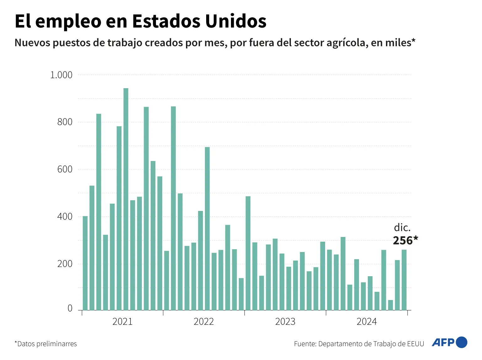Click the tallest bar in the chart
point(126,199)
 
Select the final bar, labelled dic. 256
point(404,280)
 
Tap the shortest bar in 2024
point(390,305)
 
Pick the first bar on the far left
point(85,263)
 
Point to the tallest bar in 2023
point(248,253)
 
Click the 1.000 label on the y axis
point(61,75)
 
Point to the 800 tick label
point(65,122)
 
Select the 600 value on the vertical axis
point(65,169)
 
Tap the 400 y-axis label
point(65,217)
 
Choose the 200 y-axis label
point(65,264)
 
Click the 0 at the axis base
point(70,309)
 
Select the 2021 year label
point(122,322)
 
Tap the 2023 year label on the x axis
point(285,322)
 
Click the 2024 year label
point(367,322)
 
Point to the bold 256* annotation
point(405,241)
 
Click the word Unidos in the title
point(236,21)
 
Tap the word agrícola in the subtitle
point(347,43)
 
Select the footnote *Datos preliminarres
point(46,344)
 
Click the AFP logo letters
point(443,342)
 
